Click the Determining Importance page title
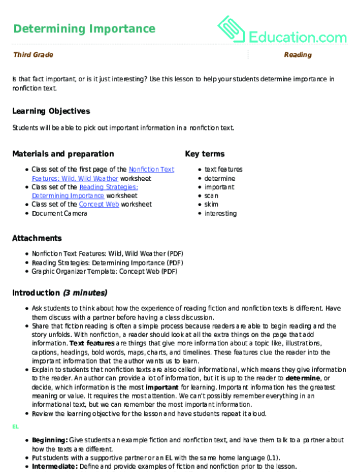(84, 28)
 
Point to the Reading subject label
(298, 55)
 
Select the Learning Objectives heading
(51, 111)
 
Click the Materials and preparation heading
(63, 154)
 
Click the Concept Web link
(94, 204)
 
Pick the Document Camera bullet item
(59, 213)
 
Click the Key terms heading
(204, 154)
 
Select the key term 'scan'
(211, 196)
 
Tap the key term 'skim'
(211, 204)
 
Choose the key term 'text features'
(224, 169)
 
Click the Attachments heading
(37, 238)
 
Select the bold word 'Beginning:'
(50, 439)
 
